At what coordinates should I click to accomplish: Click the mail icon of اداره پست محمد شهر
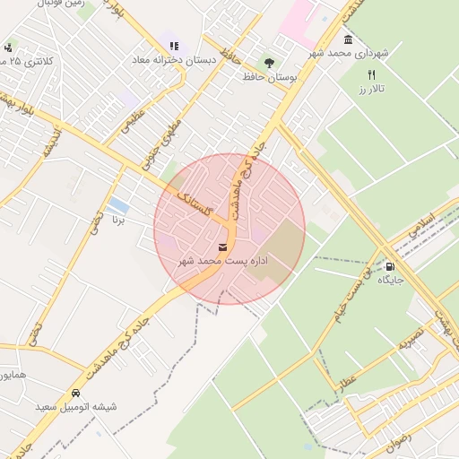[222, 246]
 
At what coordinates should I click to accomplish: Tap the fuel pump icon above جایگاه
[390, 266]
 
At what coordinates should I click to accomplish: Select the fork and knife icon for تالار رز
[372, 75]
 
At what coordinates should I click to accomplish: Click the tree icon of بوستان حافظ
[269, 63]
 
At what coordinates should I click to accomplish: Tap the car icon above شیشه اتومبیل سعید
[75, 393]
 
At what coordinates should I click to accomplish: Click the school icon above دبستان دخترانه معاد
[174, 46]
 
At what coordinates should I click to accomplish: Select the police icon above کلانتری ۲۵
[8, 47]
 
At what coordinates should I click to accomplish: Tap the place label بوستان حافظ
[268, 77]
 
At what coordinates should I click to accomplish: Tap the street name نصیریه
[409, 342]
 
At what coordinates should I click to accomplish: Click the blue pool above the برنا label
[117, 207]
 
